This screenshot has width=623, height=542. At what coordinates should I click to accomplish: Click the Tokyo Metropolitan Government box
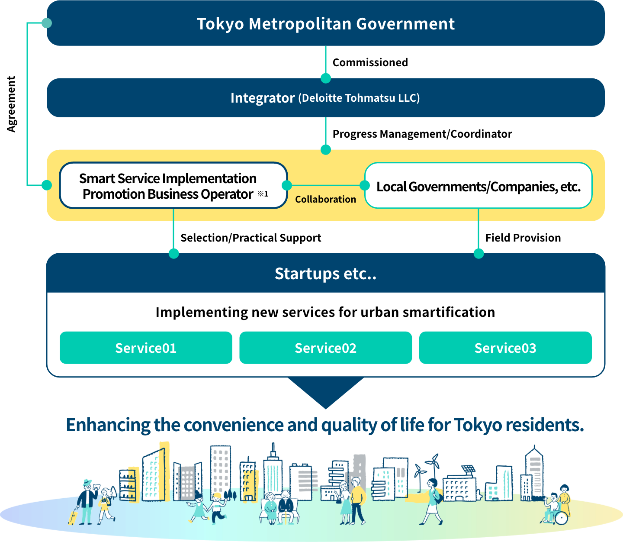[325, 24]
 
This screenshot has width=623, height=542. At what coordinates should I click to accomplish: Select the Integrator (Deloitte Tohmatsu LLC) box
[325, 98]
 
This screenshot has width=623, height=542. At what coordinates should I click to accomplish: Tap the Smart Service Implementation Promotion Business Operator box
[173, 186]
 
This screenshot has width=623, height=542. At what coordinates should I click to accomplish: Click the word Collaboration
[325, 200]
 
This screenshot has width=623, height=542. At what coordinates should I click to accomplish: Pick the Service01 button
[146, 348]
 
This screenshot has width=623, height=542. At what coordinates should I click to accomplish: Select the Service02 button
[325, 348]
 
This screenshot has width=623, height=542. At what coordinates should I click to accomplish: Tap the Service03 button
[505, 348]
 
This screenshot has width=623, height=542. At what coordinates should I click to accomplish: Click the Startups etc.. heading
[325, 274]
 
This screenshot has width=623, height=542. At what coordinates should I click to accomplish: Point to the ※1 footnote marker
[263, 194]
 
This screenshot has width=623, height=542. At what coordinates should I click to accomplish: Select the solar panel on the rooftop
[468, 469]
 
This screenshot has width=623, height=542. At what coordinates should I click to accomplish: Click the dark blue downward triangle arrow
[325, 392]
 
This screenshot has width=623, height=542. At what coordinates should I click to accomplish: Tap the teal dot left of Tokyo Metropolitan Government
[47, 23]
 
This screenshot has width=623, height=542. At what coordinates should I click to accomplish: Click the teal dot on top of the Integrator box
[326, 78]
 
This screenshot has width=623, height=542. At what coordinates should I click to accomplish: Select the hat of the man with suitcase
[87, 481]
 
